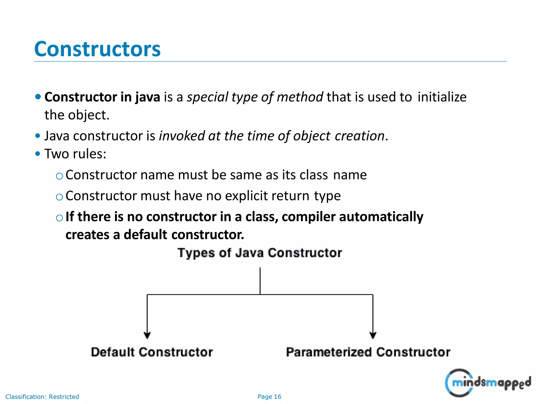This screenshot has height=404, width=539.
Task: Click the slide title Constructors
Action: tap(97, 49)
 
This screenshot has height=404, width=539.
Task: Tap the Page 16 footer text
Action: tap(269, 397)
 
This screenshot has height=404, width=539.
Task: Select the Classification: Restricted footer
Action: tap(42, 397)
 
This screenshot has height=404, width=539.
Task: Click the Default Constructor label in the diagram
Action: tap(152, 352)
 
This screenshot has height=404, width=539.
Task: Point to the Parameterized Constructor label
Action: tap(368, 352)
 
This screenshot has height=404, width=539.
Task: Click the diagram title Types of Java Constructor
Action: tap(259, 253)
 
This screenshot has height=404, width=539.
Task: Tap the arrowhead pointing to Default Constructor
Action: tap(147, 335)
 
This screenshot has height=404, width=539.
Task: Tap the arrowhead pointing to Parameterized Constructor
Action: tap(373, 335)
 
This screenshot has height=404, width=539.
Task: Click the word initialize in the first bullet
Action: tap(442, 97)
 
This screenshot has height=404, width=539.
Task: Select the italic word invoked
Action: tap(182, 136)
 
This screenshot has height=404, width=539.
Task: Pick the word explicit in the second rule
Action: tap(246, 196)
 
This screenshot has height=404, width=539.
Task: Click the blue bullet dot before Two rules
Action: tap(38, 154)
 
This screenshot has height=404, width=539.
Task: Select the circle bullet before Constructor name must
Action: tap(59, 176)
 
